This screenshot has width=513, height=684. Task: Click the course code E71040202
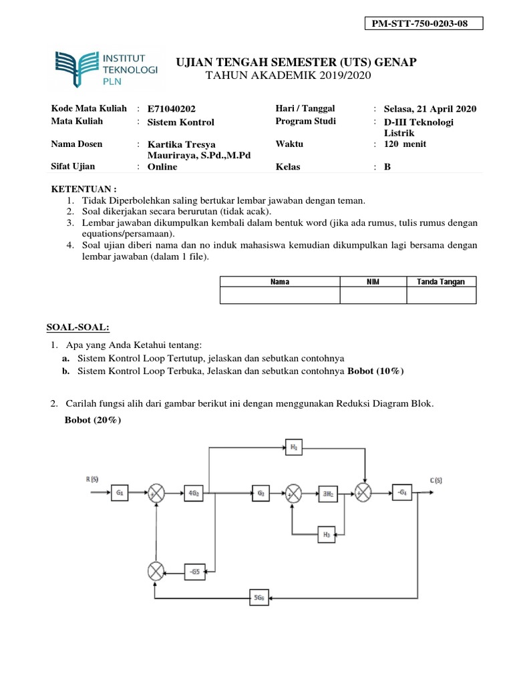point(172,110)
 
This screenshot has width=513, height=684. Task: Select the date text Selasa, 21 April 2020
point(430,110)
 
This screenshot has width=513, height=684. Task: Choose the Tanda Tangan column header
point(441,282)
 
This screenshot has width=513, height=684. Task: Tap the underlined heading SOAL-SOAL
point(77,327)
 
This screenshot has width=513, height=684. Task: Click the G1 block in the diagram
point(120,494)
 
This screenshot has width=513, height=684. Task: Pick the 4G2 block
point(194,494)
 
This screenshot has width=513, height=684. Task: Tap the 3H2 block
point(328,494)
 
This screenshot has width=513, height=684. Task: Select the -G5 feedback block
point(194,570)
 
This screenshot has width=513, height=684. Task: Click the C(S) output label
point(438,480)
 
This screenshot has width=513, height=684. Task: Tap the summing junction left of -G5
point(156,570)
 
